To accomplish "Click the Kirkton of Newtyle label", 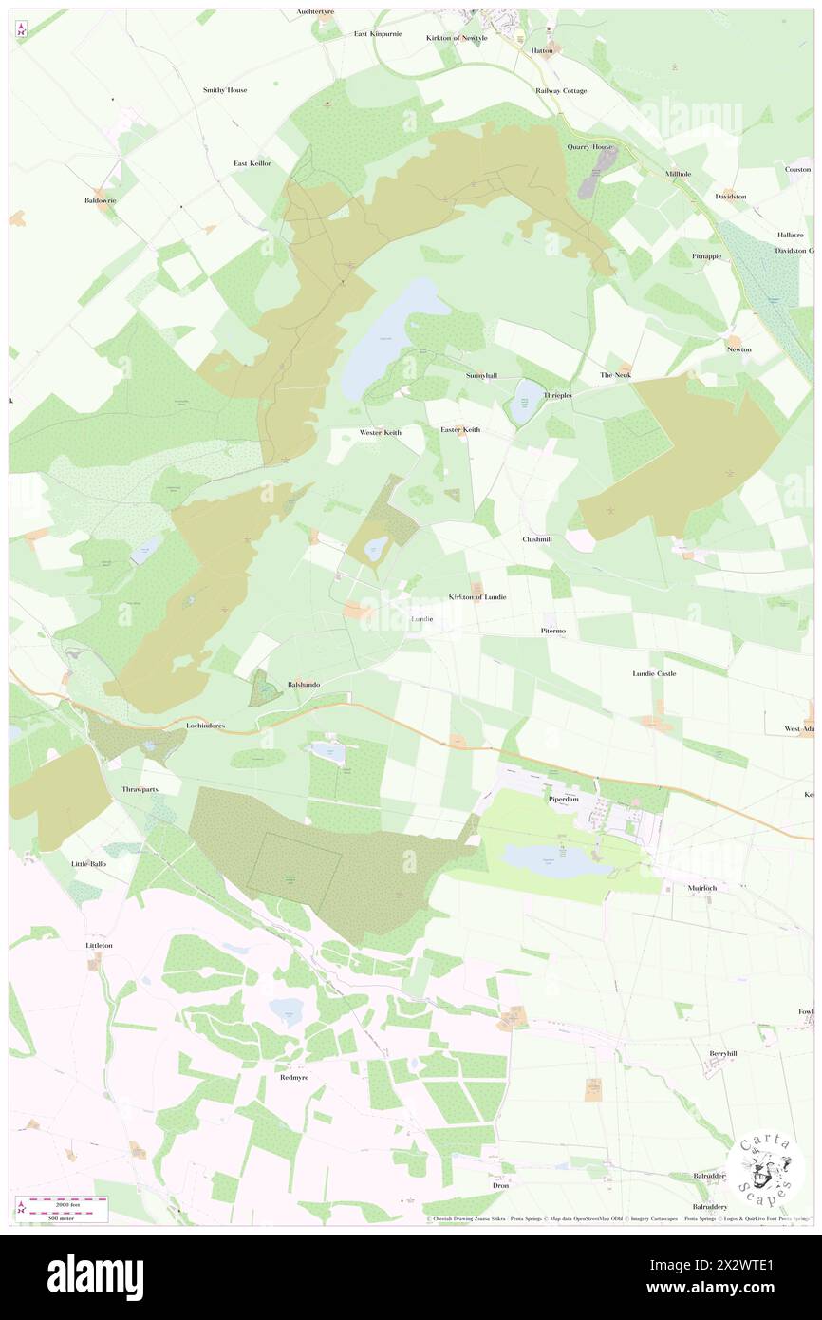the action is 457,38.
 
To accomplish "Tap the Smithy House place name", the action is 225,90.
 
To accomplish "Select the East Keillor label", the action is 252,163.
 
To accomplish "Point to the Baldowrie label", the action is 100,201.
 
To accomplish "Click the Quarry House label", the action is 591,147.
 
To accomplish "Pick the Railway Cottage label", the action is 561,91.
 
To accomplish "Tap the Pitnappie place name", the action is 707,256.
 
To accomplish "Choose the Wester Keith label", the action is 380,432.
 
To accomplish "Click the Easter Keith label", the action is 460,430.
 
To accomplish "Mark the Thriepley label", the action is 557,395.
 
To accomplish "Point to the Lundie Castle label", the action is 654,673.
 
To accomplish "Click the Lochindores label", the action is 205,726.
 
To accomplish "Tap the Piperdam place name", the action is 560,800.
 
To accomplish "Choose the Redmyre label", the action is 294,1078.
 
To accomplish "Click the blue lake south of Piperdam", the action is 555,861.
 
